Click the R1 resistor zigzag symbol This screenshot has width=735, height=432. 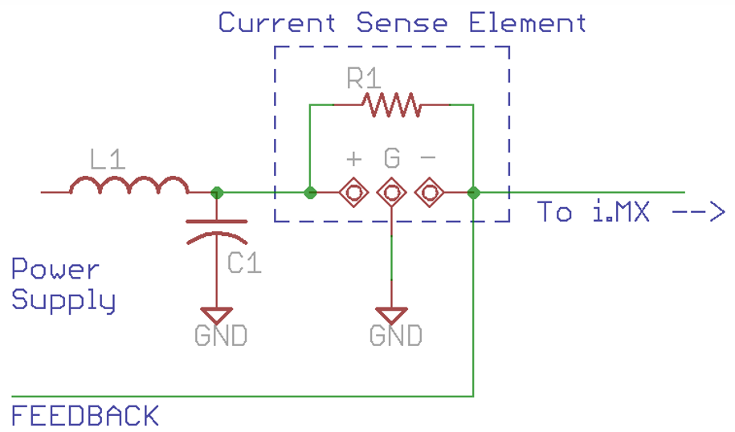(x=390, y=105)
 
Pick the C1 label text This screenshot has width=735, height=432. (x=244, y=263)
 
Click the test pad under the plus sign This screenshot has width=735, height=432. (x=353, y=193)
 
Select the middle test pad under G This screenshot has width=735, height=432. (x=391, y=193)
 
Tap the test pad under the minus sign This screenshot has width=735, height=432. (x=429, y=193)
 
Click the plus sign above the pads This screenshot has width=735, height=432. (x=353, y=158)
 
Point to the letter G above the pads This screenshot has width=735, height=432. (x=391, y=158)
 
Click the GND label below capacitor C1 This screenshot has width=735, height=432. (x=220, y=335)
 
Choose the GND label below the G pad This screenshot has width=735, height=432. (x=395, y=335)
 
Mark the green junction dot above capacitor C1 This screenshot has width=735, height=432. (x=216, y=193)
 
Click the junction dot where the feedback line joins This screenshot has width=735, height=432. (x=474, y=193)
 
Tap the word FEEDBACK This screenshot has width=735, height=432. (x=84, y=416)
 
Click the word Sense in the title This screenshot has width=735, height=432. (x=402, y=22)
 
